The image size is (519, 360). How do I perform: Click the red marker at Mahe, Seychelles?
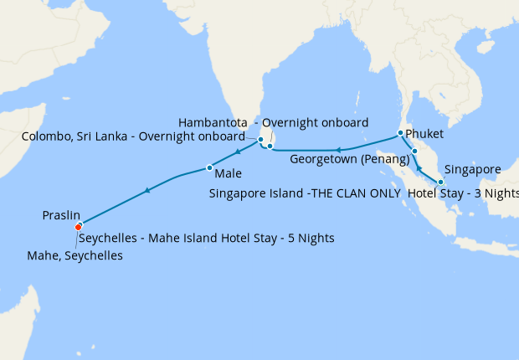coord(78,226)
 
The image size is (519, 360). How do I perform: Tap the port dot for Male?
coord(208,168)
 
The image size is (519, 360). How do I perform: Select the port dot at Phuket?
coord(400,133)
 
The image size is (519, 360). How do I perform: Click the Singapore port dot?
coord(440,182)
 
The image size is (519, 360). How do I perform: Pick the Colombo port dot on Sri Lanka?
coord(260,140)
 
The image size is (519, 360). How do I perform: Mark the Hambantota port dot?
coord(270,147)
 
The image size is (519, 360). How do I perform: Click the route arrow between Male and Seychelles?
coord(147,191)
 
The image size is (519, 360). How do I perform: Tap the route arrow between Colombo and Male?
coord(238,152)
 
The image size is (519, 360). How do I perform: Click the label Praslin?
coord(62,215)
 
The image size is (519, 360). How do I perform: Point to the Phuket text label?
coord(424,134)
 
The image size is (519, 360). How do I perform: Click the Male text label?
coord(229,175)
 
